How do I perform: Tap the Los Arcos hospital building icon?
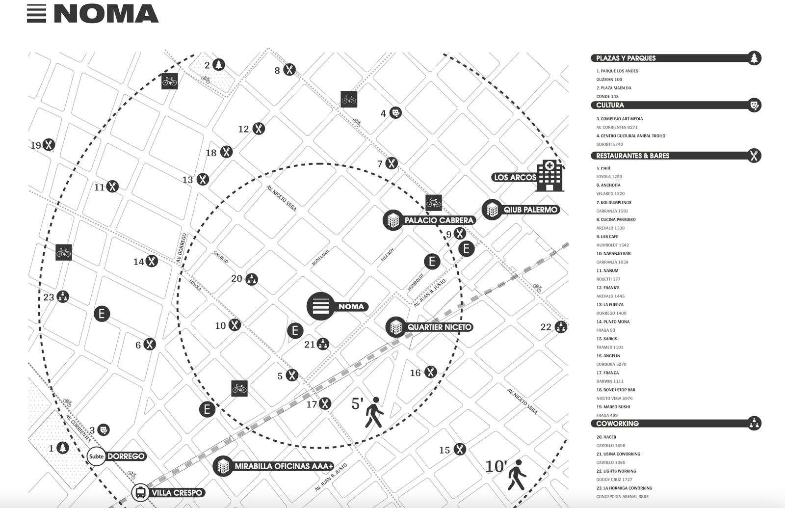click(549, 175)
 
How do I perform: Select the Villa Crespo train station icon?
click(140, 492)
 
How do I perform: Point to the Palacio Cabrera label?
click(439, 220)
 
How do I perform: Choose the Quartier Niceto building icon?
click(395, 327)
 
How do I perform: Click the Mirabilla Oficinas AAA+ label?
click(284, 466)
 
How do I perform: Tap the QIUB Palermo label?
click(530, 210)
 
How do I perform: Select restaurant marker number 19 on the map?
click(48, 145)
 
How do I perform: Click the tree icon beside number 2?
click(219, 64)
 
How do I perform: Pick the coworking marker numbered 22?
click(561, 326)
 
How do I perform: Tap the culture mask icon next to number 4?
click(395, 113)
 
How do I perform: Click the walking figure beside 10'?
click(516, 475)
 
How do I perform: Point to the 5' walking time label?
click(357, 403)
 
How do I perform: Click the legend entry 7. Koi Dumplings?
click(614, 202)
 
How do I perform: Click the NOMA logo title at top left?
click(105, 14)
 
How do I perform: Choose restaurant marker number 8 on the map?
click(289, 70)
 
